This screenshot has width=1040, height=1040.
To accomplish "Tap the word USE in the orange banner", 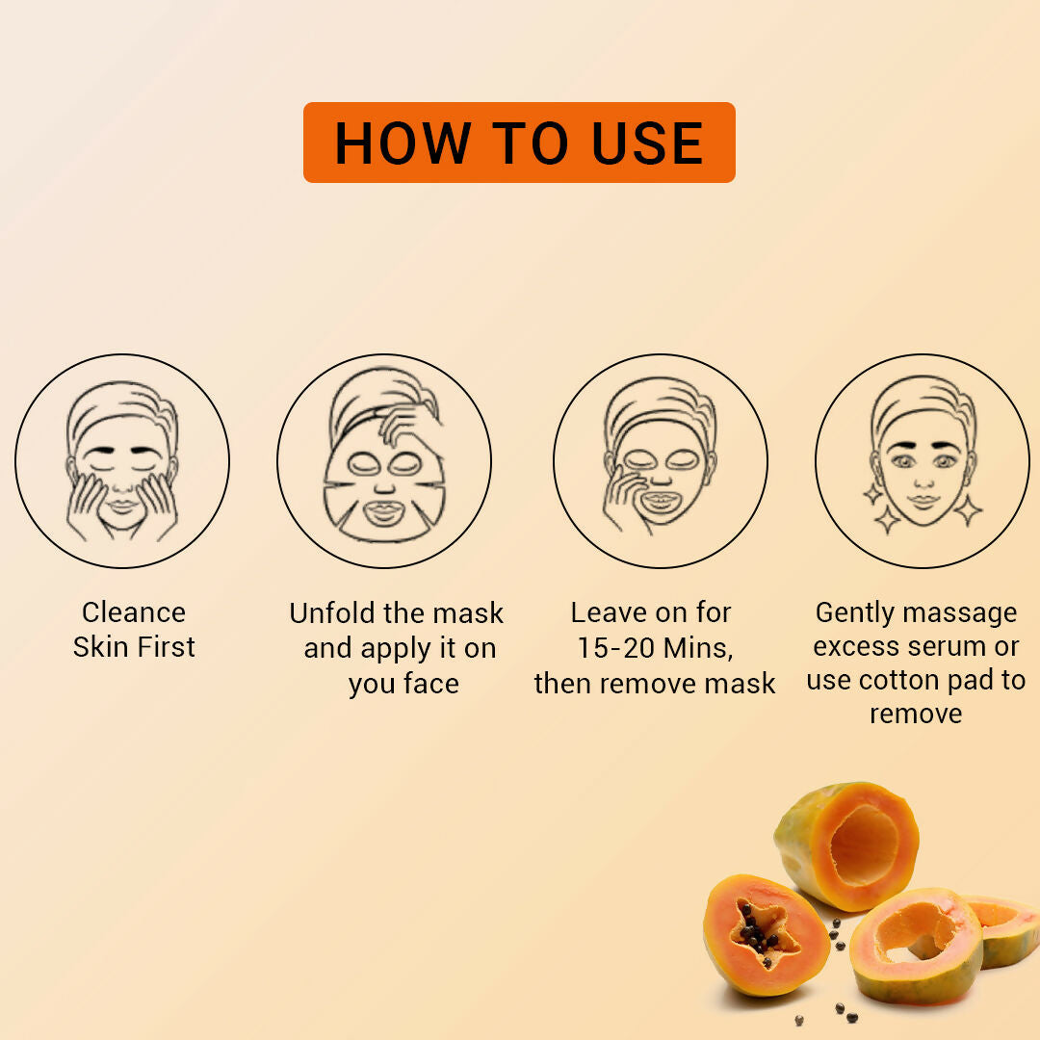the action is click(647, 143).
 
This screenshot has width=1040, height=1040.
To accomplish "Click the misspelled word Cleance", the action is click(133, 612).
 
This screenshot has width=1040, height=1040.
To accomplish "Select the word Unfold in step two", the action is click(332, 612).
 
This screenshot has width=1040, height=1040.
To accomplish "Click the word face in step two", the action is click(430, 683).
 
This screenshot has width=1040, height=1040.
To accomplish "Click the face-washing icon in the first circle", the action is click(122, 460).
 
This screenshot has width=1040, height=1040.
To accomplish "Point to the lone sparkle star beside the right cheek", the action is click(968, 509).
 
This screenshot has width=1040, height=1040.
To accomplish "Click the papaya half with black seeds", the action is click(767, 935).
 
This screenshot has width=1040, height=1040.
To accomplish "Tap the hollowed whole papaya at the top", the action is click(847, 845).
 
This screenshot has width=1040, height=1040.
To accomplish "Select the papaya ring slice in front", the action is click(917, 946).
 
